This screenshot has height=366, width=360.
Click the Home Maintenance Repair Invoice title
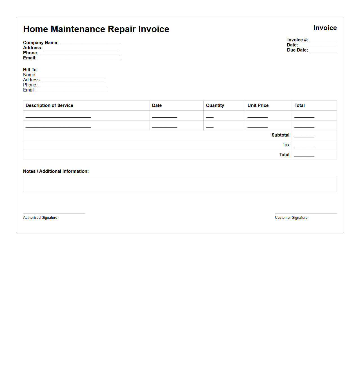pyautogui.click(x=96, y=29)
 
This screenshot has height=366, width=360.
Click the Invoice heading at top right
pyautogui.click(x=325, y=28)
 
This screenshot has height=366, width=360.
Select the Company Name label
pyautogui.click(x=41, y=43)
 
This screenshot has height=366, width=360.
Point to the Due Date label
pyautogui.click(x=297, y=50)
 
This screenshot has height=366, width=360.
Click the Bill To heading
pyautogui.click(x=30, y=70)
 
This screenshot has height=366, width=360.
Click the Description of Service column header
pyautogui.click(x=49, y=106)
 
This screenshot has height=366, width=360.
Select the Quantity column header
pyautogui.click(x=215, y=106)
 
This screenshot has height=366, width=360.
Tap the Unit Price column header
pyautogui.click(x=258, y=106)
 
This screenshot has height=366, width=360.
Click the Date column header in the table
pyautogui.click(x=157, y=106)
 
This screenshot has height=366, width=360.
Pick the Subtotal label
pyautogui.click(x=280, y=135)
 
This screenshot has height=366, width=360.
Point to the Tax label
pyautogui.click(x=286, y=145)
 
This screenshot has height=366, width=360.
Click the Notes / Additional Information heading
pyautogui.click(x=56, y=171)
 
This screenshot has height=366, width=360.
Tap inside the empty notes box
pyautogui.click(x=180, y=184)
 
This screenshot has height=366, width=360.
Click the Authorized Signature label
pyautogui.click(x=40, y=218)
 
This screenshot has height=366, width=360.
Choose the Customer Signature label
pyautogui.click(x=291, y=218)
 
